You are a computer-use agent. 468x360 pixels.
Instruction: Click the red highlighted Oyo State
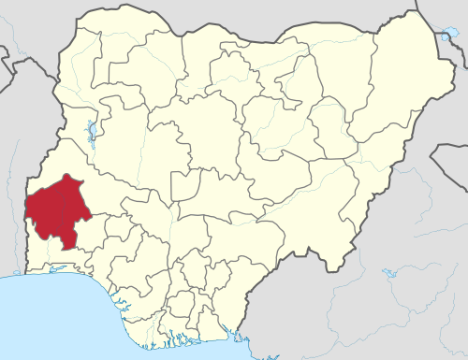coord(54,208)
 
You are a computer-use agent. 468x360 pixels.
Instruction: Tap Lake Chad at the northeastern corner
coord(446,38)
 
